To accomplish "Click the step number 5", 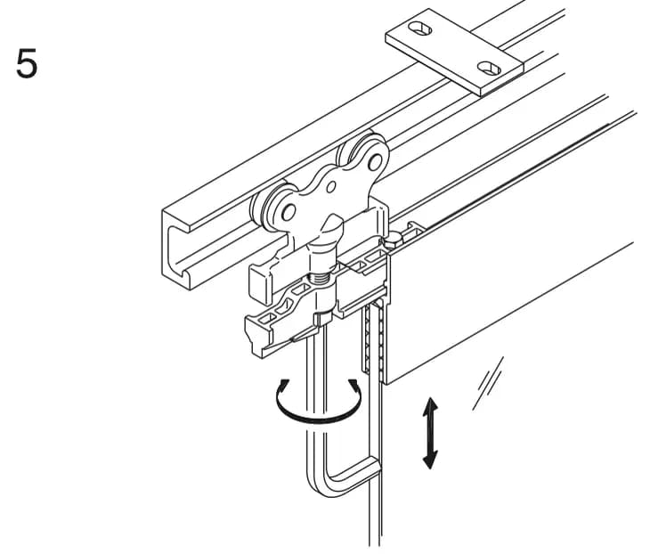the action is tap(27, 63).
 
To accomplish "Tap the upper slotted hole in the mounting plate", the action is tap(420, 29).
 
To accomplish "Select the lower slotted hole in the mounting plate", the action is tap(489, 68).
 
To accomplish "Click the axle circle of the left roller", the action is tap(288, 213).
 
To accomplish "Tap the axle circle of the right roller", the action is tap(375, 162).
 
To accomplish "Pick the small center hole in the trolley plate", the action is tap(331, 187).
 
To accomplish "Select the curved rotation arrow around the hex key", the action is tap(318, 420).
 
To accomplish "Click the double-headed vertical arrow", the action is tap(430, 433).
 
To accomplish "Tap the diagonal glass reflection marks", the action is tap(488, 383).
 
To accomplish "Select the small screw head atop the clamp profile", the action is tap(394, 240).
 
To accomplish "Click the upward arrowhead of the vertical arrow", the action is tap(430, 405).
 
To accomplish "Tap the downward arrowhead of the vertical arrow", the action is tap(430, 460).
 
